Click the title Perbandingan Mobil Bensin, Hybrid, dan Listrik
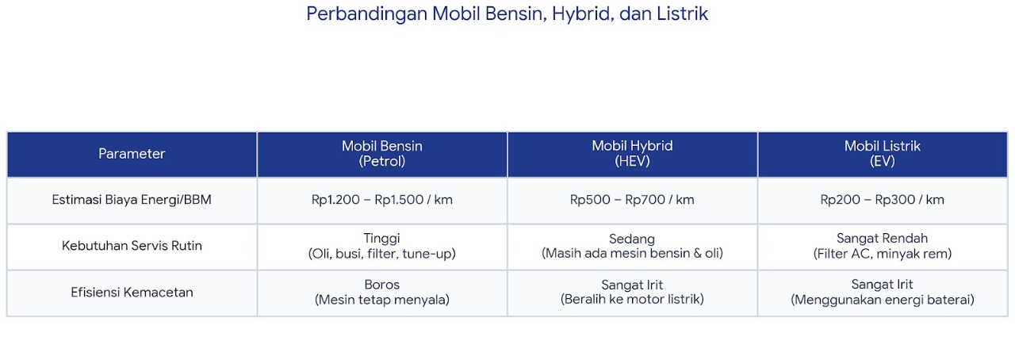point(507,13)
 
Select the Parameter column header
point(132,154)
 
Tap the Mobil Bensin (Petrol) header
point(382,154)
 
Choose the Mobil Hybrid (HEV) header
point(632,154)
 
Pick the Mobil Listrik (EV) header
point(883,154)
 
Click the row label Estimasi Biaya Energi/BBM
point(132,200)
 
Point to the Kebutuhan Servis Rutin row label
point(132,246)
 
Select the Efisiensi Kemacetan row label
point(132,293)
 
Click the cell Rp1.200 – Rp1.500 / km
point(382,200)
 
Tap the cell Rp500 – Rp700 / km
point(632,200)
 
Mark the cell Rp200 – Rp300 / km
point(883,200)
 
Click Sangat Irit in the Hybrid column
point(632,285)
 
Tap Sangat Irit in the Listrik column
point(883,285)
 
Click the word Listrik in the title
point(682,13)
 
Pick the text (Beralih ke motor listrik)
point(632,300)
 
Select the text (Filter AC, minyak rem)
point(883,254)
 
